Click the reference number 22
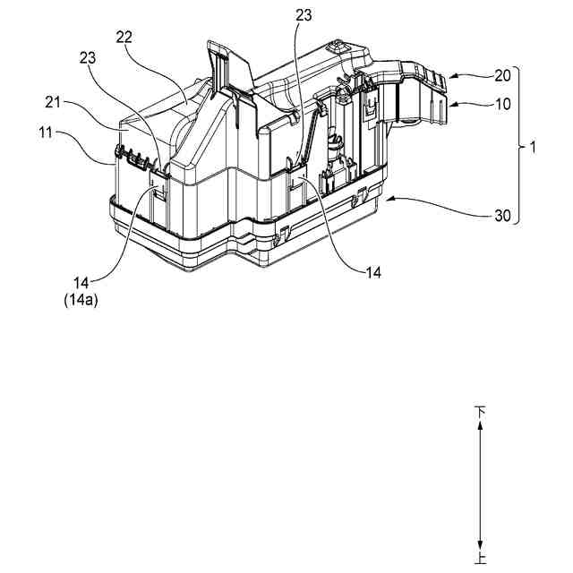(125, 36)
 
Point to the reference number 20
(477, 77)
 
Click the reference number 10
(477, 104)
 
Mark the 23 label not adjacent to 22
(304, 15)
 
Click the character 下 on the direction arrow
(482, 412)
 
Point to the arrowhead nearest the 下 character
(482, 427)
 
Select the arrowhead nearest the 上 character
(482, 546)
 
